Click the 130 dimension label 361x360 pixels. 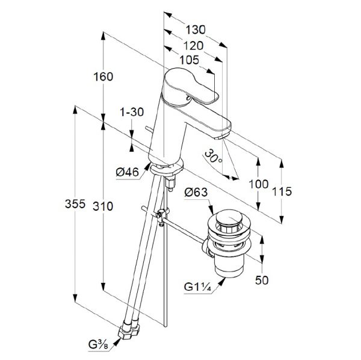[195, 30]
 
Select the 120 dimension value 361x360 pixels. [193, 46]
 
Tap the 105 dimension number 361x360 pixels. [190, 60]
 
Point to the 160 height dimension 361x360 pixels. [103, 76]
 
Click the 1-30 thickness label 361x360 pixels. [132, 112]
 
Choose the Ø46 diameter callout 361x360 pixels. [128, 172]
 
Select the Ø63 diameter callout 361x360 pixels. [196, 192]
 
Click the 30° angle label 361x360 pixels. [214, 156]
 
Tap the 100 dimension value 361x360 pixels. [259, 184]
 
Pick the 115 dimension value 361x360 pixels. [282, 191]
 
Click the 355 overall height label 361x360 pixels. [75, 204]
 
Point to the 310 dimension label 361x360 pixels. [103, 206]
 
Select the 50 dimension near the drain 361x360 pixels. [262, 281]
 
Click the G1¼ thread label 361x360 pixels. [197, 287]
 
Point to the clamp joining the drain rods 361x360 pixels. [163, 214]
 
